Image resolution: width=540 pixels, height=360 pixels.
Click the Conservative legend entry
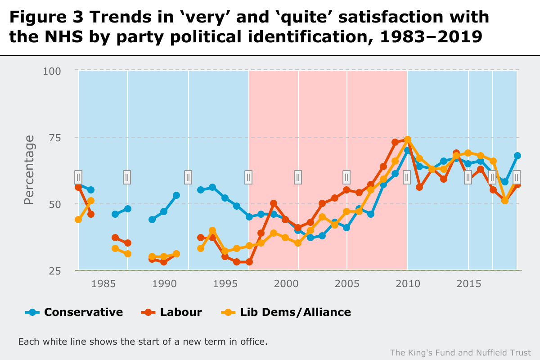(74, 312)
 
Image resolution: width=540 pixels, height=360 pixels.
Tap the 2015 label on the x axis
(468, 284)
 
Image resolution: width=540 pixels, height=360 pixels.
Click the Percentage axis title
(29, 170)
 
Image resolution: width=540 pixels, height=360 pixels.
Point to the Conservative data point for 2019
(517, 156)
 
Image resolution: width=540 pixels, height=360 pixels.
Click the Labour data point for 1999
(273, 203)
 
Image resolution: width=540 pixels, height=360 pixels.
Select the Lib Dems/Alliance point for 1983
(78, 220)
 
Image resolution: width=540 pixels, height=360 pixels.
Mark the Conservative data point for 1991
(176, 195)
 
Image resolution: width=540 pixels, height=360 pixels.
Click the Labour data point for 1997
(249, 262)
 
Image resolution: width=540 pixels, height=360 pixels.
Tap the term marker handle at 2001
(298, 177)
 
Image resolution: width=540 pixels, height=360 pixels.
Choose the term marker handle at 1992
(188, 177)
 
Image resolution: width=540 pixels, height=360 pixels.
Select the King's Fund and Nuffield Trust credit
(460, 352)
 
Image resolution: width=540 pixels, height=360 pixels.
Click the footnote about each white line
(143, 342)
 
